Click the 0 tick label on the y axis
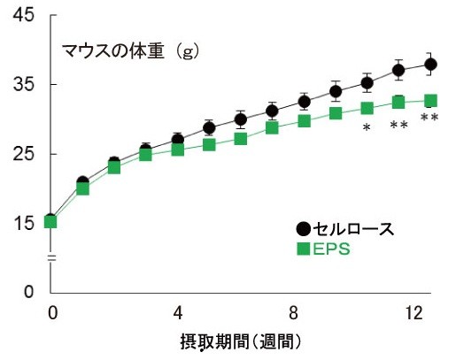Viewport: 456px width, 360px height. point(29,292)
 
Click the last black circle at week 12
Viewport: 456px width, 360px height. point(430,64)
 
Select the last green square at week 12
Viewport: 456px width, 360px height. point(430,101)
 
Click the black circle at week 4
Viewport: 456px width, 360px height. point(178,140)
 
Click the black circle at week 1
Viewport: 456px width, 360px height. point(82,182)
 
